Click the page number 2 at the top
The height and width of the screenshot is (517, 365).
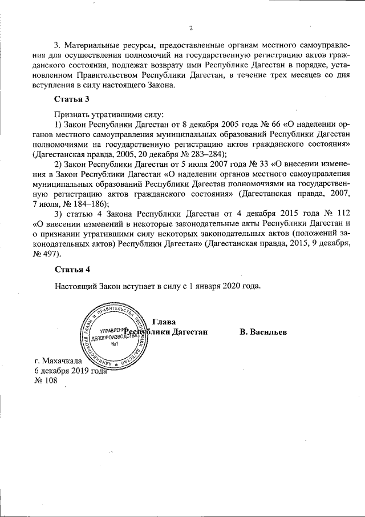point(192,28)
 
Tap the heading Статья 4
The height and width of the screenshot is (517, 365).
point(72,268)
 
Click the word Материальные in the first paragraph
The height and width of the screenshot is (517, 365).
point(89,45)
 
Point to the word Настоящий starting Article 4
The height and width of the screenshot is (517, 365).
point(74,286)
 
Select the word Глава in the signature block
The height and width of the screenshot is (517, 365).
point(163,322)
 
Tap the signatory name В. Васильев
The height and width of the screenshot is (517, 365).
point(263,332)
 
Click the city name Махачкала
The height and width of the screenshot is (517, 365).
point(63,361)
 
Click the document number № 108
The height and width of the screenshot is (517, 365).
point(47,381)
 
